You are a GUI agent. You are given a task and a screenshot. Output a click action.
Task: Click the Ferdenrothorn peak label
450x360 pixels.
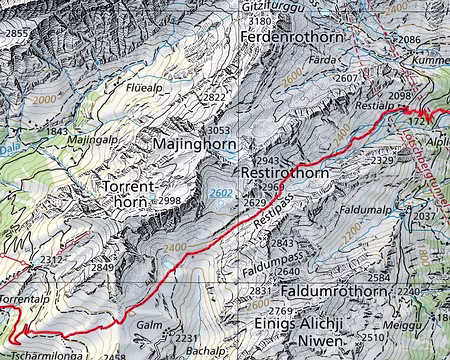coord(292,37)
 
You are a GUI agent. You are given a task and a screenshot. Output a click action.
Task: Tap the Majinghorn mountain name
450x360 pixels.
coord(197,145)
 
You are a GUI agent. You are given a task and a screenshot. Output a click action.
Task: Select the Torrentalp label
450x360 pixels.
coord(24,299)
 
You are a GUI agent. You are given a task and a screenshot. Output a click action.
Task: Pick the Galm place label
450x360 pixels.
coord(148,324)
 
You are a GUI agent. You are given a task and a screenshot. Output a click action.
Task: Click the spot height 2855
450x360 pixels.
coord(18,34)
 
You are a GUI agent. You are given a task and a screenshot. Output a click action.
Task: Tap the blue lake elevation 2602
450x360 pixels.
coord(223,194)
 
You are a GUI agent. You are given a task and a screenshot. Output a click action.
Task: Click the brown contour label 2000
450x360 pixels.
coord(45,102)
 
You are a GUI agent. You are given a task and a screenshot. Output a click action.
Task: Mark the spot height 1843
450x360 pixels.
coord(58,132)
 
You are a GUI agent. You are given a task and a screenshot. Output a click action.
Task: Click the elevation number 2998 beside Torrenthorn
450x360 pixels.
coord(169,201)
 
